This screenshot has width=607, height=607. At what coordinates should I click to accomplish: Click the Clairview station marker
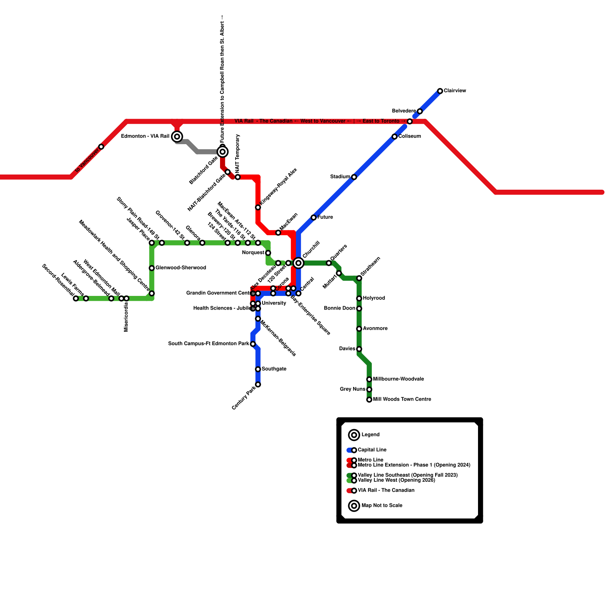pyautogui.click(x=440, y=91)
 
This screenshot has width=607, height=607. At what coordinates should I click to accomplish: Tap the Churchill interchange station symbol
pyautogui.click(x=299, y=263)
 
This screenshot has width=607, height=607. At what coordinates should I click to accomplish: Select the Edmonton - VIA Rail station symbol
pyautogui.click(x=177, y=137)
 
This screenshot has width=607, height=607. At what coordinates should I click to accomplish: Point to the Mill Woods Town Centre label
pyautogui.click(x=402, y=399)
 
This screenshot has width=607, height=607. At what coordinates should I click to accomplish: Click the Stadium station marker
pyautogui.click(x=354, y=177)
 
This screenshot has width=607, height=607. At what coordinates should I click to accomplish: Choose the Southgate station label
pyautogui.click(x=274, y=369)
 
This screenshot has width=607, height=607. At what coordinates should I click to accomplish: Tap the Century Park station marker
pyautogui.click(x=258, y=385)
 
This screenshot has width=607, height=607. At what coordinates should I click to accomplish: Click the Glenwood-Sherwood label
pyautogui.click(x=181, y=268)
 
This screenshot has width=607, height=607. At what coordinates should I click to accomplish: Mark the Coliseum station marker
pyautogui.click(x=395, y=137)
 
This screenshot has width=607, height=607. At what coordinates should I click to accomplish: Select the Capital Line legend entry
pyautogui.click(x=372, y=450)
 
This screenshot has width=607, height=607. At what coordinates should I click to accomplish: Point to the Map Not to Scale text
pyautogui.click(x=382, y=506)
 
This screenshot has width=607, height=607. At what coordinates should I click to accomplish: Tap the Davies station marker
pyautogui.click(x=359, y=349)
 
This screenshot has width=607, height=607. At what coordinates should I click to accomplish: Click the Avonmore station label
pyautogui.click(x=375, y=329)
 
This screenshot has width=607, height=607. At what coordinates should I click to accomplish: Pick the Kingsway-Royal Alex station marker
pyautogui.click(x=258, y=208)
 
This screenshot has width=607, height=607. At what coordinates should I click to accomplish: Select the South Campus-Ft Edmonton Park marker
pyautogui.click(x=253, y=344)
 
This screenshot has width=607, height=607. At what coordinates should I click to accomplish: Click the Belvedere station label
pyautogui.click(x=404, y=111)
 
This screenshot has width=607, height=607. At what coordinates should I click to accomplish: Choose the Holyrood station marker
pyautogui.click(x=359, y=299)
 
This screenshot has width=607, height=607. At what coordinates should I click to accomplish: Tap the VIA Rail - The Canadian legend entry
pyautogui.click(x=386, y=491)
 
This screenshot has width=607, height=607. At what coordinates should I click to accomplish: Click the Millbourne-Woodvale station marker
pyautogui.click(x=369, y=379)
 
